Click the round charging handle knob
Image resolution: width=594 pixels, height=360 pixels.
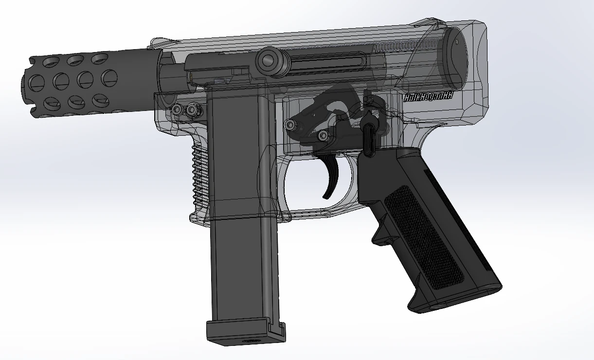click(x=269, y=61)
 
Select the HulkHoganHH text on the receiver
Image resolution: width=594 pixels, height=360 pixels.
click(x=428, y=97)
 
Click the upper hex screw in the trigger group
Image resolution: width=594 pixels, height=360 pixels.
click(x=290, y=125)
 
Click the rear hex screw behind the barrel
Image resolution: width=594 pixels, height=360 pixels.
click(x=194, y=111)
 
